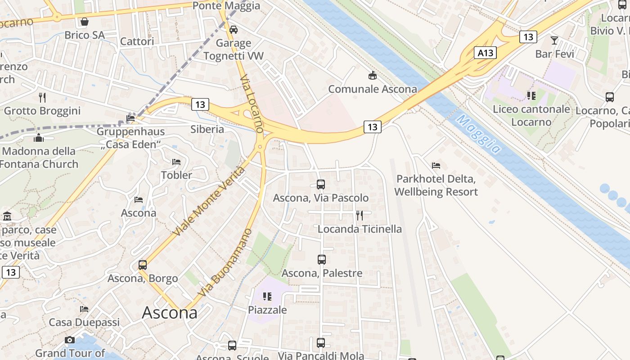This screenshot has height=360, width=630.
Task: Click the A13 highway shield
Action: tap(485, 53)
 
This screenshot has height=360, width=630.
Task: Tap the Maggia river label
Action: tap(478, 134)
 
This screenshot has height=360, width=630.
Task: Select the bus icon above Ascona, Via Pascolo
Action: tap(321, 184)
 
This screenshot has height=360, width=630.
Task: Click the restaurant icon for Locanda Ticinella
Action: tap(360, 216)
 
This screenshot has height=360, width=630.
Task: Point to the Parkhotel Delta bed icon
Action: tap(436, 166)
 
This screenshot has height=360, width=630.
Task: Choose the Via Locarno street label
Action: tap(252, 103)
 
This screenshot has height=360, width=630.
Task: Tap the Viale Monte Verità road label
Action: tap(210, 201)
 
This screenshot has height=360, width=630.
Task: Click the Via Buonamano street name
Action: tap(224, 263)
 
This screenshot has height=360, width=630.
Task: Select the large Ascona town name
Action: tap(170, 312)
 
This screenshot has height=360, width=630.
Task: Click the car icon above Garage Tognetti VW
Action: tap(233, 30)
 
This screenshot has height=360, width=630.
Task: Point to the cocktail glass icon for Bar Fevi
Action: tap(554, 40)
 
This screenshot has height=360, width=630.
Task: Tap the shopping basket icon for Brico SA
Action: tap(84, 22)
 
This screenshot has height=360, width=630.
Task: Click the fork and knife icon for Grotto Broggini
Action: tap(42, 97)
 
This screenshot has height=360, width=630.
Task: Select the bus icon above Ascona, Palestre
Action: tap(321, 260)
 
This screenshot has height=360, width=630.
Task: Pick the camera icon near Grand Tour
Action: tap(70, 340)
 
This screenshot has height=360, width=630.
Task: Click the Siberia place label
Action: tap(207, 129)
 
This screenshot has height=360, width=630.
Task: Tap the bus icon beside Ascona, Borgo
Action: tap(143, 265)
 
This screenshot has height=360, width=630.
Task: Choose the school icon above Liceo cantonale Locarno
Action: tap(531, 95)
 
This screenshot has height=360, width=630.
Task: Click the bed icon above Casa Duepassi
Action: tap(84, 309)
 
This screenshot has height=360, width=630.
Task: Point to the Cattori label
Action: tap(137, 41)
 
